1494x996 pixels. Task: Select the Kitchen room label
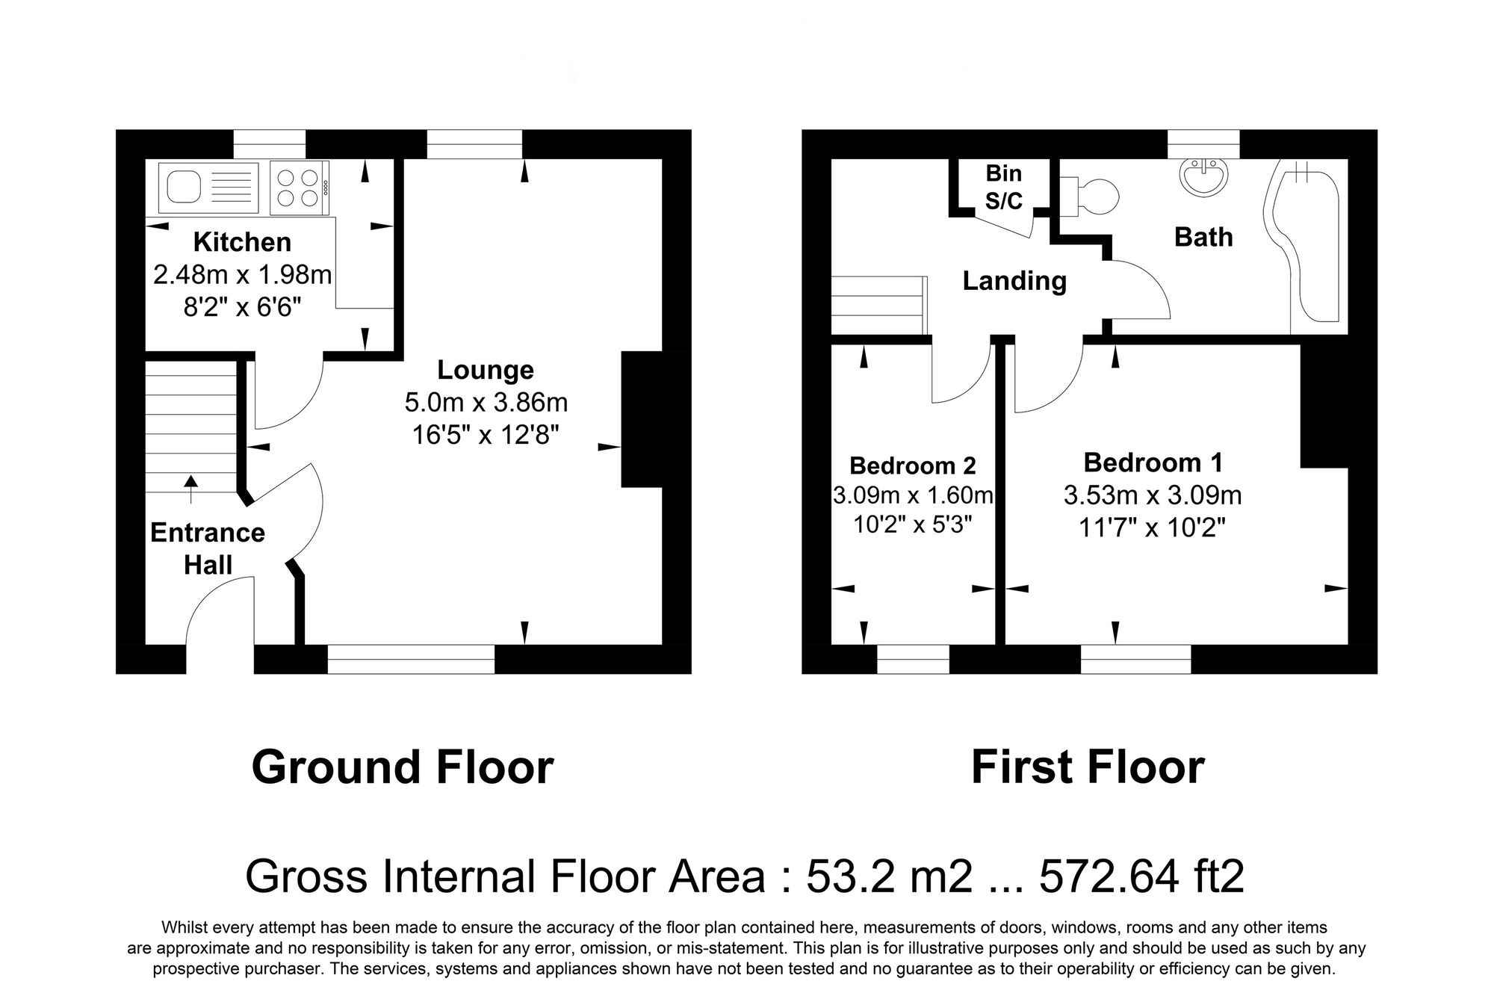click(242, 242)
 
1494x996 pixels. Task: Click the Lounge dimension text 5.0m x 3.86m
click(486, 403)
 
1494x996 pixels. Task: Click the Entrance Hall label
click(208, 548)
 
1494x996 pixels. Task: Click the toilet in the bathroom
click(1094, 196)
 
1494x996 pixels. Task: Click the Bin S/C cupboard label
click(1003, 187)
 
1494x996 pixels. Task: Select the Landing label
click(1014, 281)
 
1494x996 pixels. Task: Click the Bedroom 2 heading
click(912, 465)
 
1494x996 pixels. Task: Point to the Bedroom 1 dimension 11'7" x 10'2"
click(1152, 528)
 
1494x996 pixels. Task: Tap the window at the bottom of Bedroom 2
click(912, 659)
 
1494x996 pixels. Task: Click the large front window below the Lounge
click(411, 659)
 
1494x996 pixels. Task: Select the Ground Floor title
click(403, 767)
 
